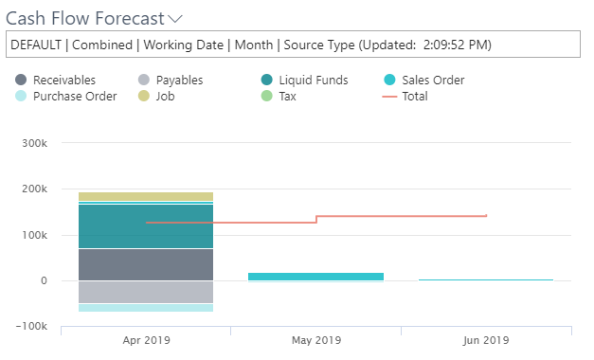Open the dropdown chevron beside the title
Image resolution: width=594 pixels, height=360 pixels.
point(174,19)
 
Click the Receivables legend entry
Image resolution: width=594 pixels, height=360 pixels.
point(63,81)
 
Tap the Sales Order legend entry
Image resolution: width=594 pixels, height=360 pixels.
point(433,81)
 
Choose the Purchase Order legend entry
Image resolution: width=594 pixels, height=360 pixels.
point(74,96)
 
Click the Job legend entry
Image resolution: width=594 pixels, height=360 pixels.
point(166,96)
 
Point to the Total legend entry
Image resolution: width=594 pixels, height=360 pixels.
point(414,96)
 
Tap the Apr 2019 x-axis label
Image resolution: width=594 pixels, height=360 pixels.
point(145,340)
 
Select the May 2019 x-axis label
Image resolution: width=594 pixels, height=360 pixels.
point(315,340)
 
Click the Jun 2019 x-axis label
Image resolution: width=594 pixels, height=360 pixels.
point(486,340)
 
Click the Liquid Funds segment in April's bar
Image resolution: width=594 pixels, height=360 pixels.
point(145,226)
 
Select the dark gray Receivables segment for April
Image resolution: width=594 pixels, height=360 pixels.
point(145,264)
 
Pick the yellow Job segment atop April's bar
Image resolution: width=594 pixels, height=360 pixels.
point(145,196)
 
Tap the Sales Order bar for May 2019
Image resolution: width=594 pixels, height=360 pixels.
point(315,277)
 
